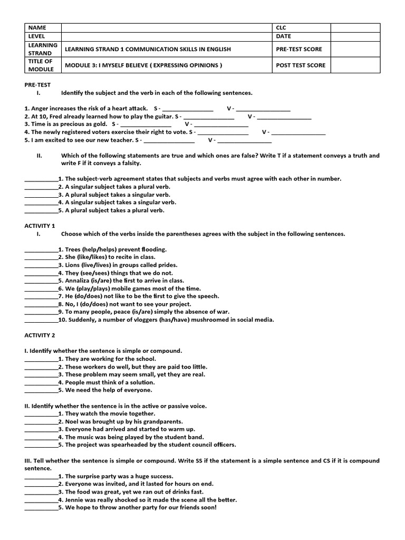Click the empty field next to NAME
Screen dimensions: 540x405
[166, 27]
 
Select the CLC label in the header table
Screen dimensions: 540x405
[281, 27]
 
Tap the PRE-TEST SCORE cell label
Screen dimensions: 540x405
[298, 49]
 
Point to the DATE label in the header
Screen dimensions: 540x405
[283, 36]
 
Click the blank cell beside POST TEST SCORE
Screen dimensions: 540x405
[355, 65]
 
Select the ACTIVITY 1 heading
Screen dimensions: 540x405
[40, 226]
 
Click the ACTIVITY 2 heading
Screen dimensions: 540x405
[40, 335]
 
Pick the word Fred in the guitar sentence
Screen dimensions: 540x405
[55, 116]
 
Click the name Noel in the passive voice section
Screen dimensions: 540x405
[73, 421]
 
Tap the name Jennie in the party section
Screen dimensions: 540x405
[75, 499]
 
